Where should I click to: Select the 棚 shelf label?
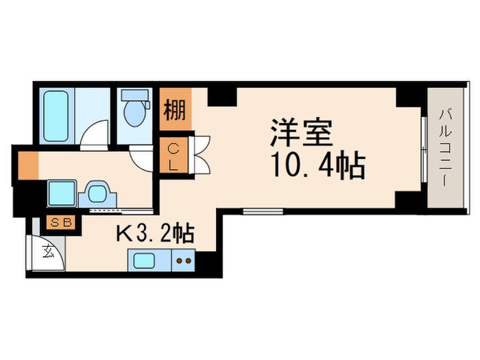point(174,110)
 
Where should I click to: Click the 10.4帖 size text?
point(317,165)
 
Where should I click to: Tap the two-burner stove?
point(184,261)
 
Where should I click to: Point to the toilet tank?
point(134,98)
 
